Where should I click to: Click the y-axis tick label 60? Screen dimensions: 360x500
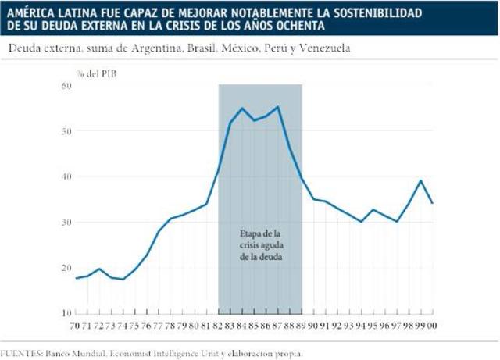(x=66, y=85)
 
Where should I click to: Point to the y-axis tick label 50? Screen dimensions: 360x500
(x=66, y=130)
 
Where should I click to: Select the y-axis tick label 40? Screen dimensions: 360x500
(x=66, y=176)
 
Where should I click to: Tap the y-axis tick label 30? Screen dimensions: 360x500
(x=66, y=222)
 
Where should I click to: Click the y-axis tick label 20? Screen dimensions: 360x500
(x=66, y=268)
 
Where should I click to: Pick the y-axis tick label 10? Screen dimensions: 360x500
(x=66, y=313)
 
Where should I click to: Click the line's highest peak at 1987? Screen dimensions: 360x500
(x=277, y=107)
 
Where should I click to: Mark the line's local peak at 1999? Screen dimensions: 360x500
(x=421, y=180)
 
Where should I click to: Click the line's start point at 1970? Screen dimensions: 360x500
(x=76, y=278)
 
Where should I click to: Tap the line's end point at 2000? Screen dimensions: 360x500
(x=432, y=202)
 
